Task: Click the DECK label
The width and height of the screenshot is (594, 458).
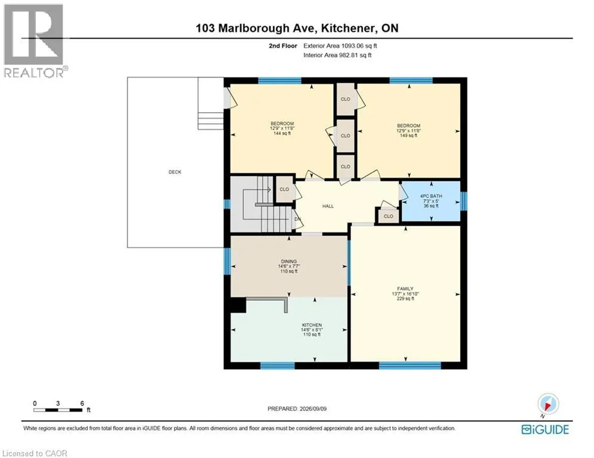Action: pos(175,172)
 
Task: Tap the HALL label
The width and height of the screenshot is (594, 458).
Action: pos(328,206)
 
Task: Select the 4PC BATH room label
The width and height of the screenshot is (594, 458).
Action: pos(431,196)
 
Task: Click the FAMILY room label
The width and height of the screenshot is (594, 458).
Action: pos(405,289)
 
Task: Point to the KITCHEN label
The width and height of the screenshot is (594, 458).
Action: pos(312,325)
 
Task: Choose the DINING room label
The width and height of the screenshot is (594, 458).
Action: pos(289,262)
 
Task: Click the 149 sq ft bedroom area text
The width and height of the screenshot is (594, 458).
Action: pos(408,135)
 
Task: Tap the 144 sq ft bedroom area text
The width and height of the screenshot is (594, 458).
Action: pos(282,133)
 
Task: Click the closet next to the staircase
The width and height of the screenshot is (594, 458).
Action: pos(284,189)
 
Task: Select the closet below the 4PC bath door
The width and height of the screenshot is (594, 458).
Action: pos(388,216)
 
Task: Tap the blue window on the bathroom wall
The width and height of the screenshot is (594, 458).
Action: pos(464,201)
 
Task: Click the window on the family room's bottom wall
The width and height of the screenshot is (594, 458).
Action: pos(410,365)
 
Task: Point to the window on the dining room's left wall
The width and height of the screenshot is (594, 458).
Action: pos(227,262)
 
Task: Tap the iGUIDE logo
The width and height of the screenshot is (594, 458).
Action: pos(545,429)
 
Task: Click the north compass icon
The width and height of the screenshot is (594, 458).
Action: pos(548,404)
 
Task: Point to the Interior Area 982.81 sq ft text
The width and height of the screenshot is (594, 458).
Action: pos(337,55)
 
